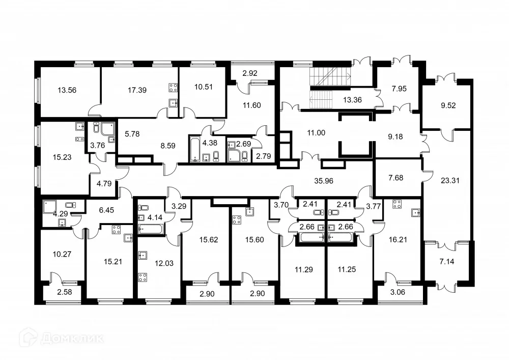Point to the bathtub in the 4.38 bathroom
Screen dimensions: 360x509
195,150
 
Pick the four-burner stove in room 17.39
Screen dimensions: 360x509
173,87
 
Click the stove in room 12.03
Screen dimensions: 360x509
143,278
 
